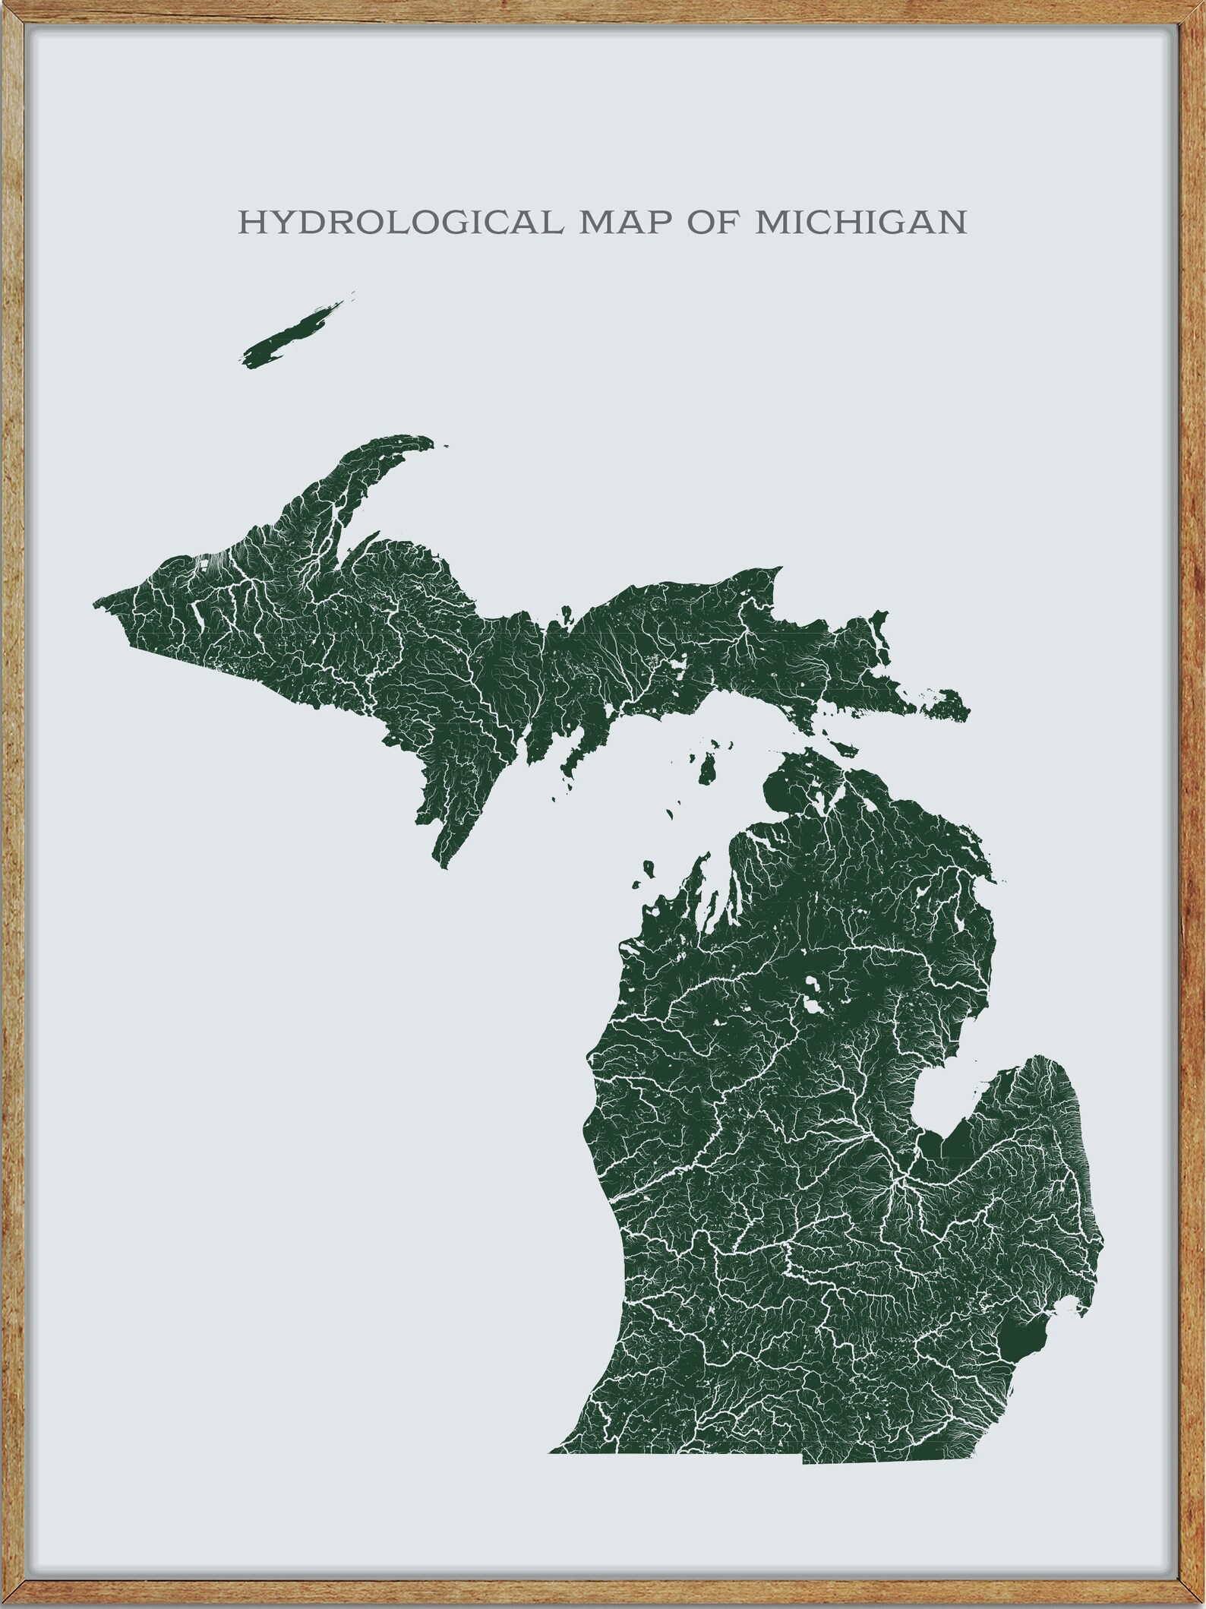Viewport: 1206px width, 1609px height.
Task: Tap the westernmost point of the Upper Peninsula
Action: coord(95,605)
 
